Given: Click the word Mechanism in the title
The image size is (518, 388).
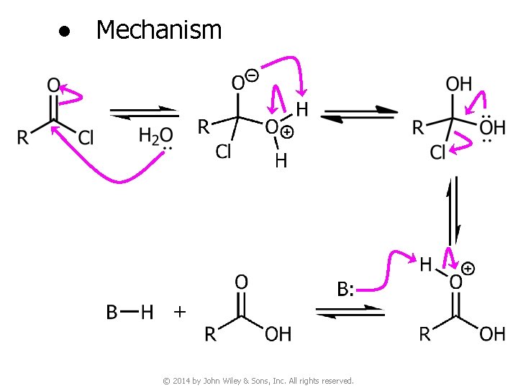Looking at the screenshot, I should (x=158, y=30).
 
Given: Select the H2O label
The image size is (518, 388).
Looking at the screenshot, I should (x=155, y=135).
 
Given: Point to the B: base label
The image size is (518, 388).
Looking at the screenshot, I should (x=345, y=289).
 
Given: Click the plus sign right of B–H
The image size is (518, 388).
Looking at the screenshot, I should (x=179, y=312).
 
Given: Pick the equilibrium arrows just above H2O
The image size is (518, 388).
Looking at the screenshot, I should (x=143, y=113).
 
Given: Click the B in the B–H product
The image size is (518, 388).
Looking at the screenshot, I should (x=112, y=312).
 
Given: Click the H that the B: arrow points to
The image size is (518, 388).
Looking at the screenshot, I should (x=426, y=265).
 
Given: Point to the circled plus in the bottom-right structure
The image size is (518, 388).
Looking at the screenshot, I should (x=468, y=268).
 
